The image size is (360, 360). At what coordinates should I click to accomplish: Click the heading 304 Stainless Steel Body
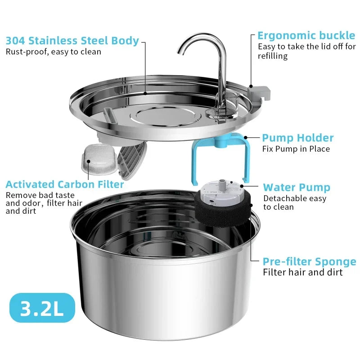(72, 40)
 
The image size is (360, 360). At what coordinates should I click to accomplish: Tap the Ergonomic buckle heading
(306, 36)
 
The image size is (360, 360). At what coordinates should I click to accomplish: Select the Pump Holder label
(298, 138)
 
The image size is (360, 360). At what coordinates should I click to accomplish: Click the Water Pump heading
(297, 187)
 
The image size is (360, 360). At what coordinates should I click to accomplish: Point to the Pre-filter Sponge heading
(309, 261)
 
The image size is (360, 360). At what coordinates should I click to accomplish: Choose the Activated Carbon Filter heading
(65, 184)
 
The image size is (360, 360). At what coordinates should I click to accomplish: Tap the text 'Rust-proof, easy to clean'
(53, 52)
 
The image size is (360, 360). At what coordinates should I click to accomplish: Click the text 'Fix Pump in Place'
(296, 149)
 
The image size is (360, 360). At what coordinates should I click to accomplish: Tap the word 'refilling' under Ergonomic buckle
(273, 56)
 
